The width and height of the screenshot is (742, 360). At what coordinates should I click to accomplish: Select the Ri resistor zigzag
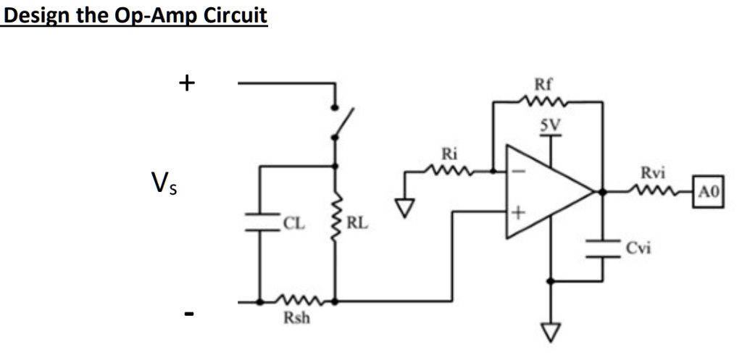point(450,172)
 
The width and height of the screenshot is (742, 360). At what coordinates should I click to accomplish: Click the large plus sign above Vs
point(187,83)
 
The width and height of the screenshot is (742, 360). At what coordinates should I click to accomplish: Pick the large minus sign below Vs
point(188,314)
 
